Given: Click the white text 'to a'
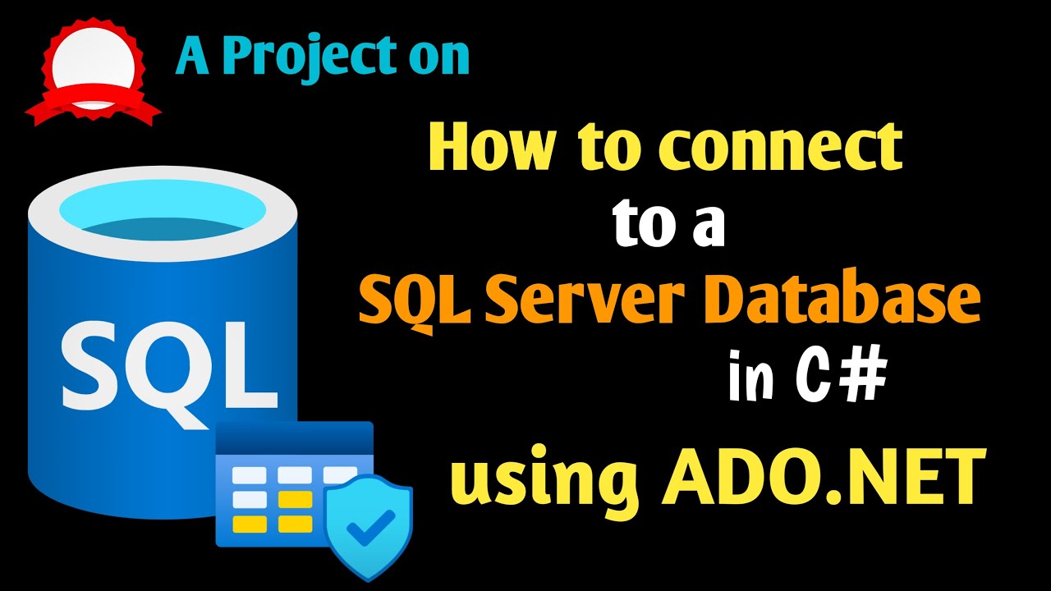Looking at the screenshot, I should (x=669, y=225).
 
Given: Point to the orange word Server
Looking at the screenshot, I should (x=585, y=301).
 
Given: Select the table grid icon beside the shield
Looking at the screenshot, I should (x=275, y=484).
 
